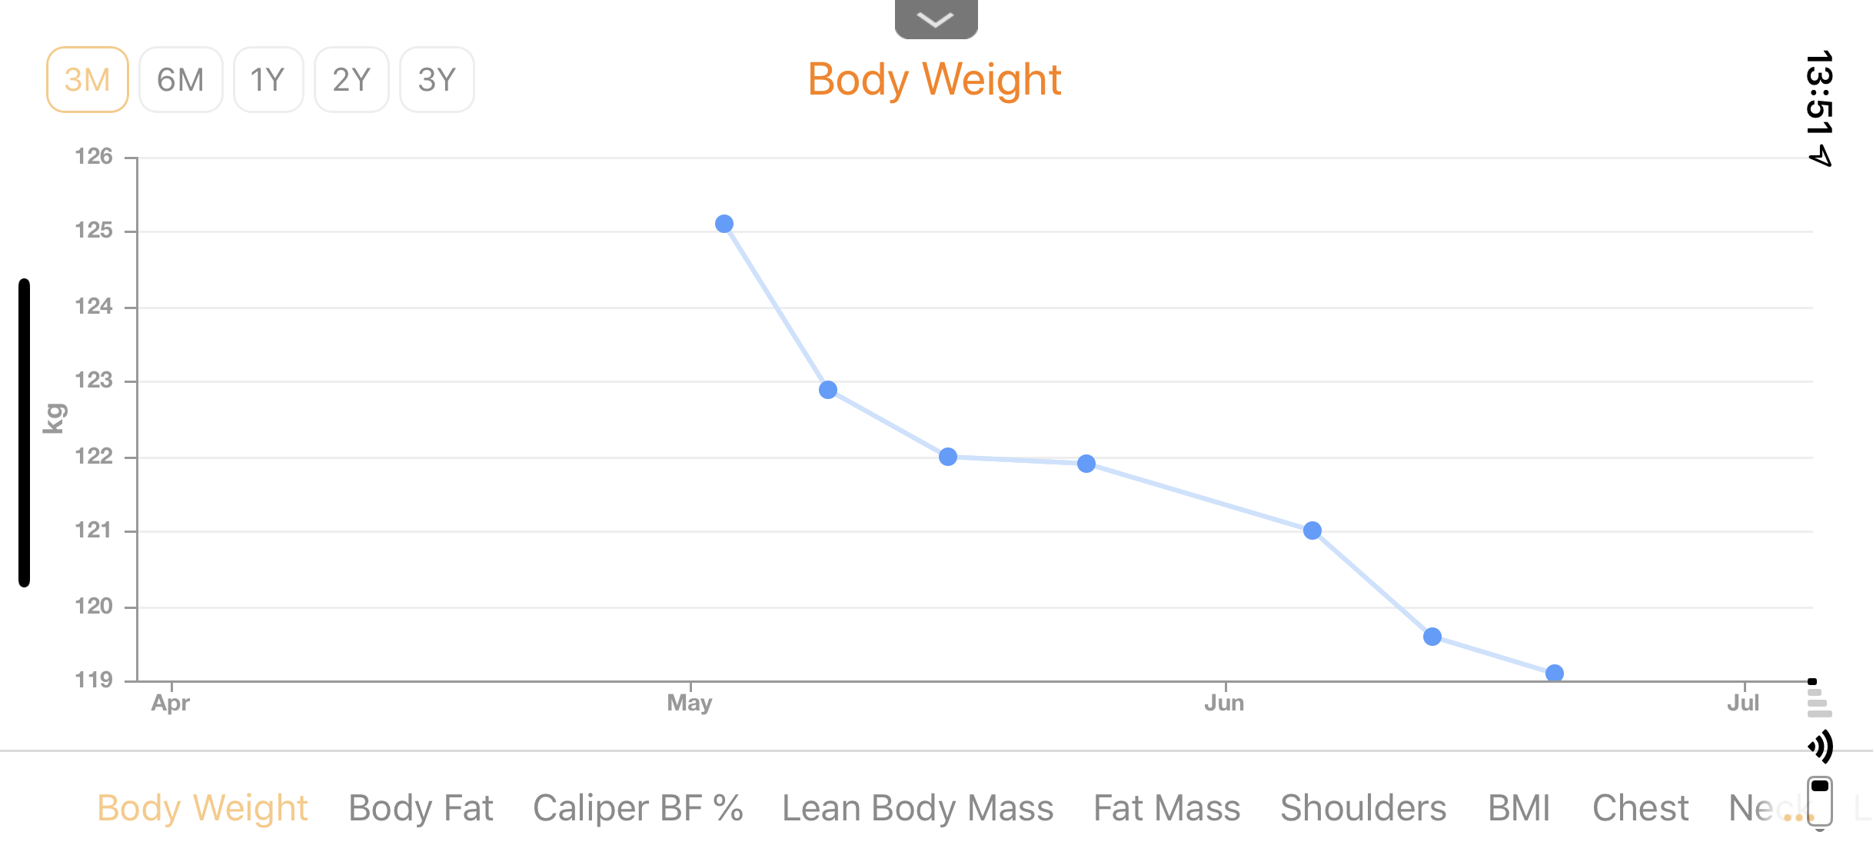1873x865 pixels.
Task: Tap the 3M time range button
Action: pyautogui.click(x=88, y=79)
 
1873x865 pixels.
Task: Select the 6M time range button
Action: pyautogui.click(x=181, y=79)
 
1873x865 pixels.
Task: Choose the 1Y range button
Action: pyautogui.click(x=268, y=79)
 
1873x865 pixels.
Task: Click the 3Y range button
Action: pyautogui.click(x=437, y=79)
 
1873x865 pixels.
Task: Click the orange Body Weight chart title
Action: pyautogui.click(x=934, y=80)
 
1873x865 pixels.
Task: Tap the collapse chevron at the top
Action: pyautogui.click(x=936, y=18)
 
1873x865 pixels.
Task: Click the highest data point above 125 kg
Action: pyautogui.click(x=724, y=224)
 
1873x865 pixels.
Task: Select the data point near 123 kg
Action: pyautogui.click(x=828, y=390)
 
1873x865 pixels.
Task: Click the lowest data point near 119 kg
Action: pyautogui.click(x=1555, y=674)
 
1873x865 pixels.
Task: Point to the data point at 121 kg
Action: pyautogui.click(x=1312, y=531)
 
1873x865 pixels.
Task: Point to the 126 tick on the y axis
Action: pyautogui.click(x=94, y=157)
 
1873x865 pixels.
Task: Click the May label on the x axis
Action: pyautogui.click(x=690, y=703)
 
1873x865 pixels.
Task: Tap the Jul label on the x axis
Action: pyautogui.click(x=1743, y=703)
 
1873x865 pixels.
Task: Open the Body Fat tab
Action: pyautogui.click(x=421, y=808)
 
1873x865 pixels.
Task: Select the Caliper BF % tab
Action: pyautogui.click(x=638, y=808)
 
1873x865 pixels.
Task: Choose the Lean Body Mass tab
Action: pyautogui.click(x=918, y=808)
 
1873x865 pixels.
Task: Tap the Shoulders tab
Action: pyautogui.click(x=1363, y=808)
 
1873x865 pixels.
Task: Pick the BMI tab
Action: pyautogui.click(x=1519, y=808)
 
